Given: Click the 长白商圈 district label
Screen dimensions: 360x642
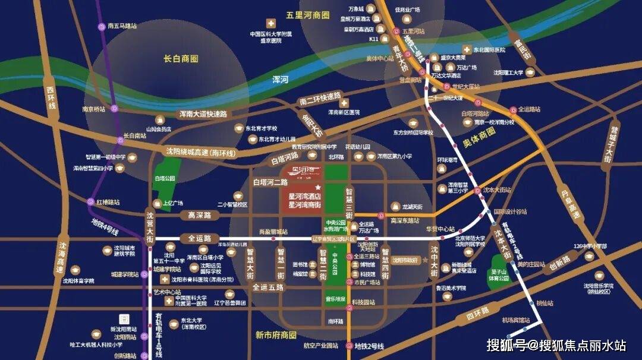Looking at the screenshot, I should pyautogui.click(x=181, y=59).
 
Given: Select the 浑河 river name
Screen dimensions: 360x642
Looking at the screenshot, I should pyautogui.click(x=280, y=78).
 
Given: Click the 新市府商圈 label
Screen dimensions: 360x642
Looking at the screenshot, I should pyautogui.click(x=276, y=335).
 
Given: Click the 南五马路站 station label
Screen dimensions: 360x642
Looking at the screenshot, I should pyautogui.click(x=122, y=26).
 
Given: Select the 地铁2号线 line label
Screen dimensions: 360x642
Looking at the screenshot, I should pyautogui.click(x=369, y=346).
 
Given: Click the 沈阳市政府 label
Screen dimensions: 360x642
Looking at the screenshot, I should pyautogui.click(x=406, y=260).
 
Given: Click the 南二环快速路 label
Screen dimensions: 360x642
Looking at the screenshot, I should pyautogui.click(x=320, y=97).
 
